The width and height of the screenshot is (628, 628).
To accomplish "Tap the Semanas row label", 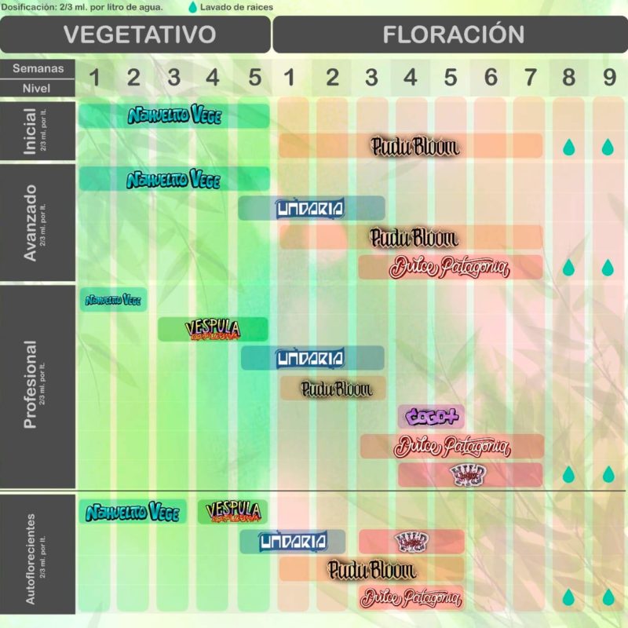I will (x=38, y=69).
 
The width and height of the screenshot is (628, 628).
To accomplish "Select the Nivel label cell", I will (x=38, y=88).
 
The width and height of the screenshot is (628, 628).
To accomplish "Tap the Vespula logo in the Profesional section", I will (x=213, y=329).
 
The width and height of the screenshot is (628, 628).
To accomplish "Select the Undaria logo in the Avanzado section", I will (x=310, y=208).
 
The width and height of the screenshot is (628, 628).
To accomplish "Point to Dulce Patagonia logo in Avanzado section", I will (x=449, y=267).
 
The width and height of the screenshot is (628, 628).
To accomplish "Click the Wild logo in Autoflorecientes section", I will (x=411, y=541).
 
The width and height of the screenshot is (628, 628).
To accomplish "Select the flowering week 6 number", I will (x=491, y=78).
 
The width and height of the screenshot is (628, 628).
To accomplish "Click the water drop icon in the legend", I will (x=193, y=7).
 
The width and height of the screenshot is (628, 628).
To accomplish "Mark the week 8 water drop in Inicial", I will (x=568, y=147).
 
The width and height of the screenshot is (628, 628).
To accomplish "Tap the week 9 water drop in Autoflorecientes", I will (x=608, y=597).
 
